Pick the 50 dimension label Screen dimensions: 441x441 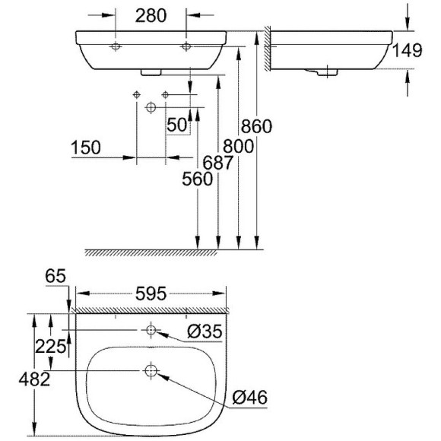178,125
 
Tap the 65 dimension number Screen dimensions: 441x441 56,277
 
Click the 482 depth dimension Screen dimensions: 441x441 36,379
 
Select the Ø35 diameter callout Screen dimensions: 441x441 205,332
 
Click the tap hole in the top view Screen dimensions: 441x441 151,330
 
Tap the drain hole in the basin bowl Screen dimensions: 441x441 150,371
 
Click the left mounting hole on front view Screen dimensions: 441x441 115,48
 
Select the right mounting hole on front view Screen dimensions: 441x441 186,48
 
